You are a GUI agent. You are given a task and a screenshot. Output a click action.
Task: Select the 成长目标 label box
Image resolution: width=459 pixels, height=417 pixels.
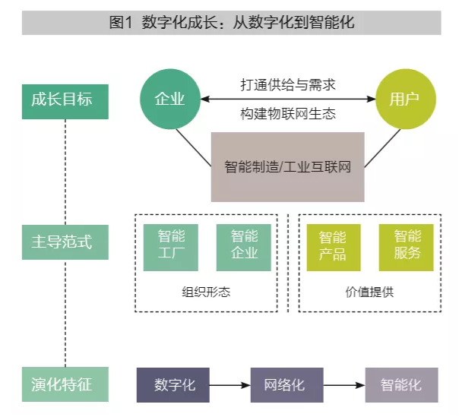tap(65, 100)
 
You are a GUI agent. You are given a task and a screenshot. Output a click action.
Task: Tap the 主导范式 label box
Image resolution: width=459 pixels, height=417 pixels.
tap(65, 243)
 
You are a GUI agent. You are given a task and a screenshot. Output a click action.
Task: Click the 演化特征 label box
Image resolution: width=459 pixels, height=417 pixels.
tap(65, 384)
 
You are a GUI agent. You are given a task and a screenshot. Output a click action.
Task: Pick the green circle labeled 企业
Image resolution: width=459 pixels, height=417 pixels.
tap(169, 100)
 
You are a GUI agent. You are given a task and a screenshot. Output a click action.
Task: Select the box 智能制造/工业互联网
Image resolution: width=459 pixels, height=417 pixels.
tap(287, 166)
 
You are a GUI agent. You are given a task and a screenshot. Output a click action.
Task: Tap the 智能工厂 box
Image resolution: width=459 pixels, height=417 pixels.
tap(170, 245)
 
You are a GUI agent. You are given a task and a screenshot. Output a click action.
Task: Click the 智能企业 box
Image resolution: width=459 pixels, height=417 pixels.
tap(243, 245)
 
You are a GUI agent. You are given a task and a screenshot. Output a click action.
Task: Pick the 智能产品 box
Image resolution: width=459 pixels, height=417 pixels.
tap(333, 245)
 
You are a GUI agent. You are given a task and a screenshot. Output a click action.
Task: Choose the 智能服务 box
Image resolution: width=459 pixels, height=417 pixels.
tap(407, 245)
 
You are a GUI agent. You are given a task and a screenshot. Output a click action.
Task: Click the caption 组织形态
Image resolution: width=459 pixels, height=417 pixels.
tap(207, 291)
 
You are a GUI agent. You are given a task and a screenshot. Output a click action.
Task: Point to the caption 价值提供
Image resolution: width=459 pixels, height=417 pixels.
tap(369, 291)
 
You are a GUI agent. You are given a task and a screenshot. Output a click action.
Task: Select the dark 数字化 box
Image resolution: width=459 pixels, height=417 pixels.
tap(174, 385)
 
